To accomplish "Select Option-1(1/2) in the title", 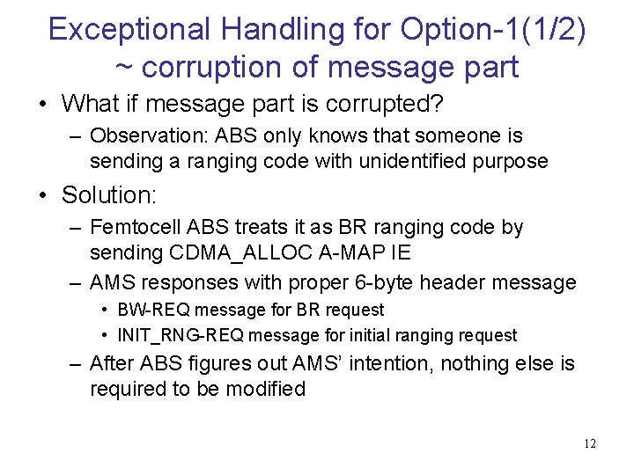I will click(492, 29).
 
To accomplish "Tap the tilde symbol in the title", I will click(126, 67).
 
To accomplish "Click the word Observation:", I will click(142, 135).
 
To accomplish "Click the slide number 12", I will click(589, 443).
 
